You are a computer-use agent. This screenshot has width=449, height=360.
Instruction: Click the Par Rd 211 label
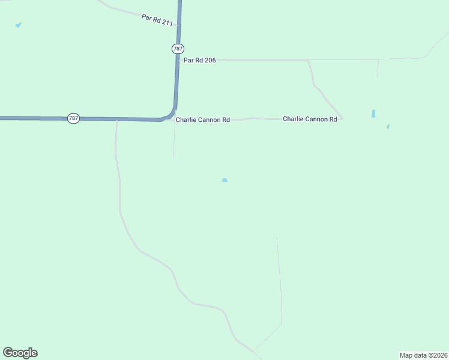(157, 20)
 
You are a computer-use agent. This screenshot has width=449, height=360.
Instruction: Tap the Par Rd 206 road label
(199, 60)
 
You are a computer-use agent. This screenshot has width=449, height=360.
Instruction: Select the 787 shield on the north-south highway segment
(178, 48)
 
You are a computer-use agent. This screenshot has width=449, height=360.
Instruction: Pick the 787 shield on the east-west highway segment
(73, 118)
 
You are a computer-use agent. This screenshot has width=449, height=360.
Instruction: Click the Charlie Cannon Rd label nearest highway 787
(202, 120)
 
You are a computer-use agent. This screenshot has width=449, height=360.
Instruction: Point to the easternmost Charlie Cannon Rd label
(310, 119)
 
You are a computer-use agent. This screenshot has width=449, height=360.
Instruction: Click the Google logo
(20, 353)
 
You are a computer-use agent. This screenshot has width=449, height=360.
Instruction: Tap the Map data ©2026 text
(423, 355)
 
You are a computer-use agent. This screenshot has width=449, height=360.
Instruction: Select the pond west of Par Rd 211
(18, 25)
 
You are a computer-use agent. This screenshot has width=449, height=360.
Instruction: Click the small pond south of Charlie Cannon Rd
(224, 180)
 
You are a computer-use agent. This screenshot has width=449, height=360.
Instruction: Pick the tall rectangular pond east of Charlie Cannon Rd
(373, 113)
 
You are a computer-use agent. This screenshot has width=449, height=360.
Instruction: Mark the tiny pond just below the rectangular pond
(388, 127)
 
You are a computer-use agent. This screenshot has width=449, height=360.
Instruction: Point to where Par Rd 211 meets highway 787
(178, 25)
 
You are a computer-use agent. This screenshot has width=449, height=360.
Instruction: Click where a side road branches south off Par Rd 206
(308, 60)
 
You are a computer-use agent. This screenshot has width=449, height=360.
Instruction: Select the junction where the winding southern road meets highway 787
(116, 119)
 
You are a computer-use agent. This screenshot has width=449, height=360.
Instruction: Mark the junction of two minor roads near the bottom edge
(253, 350)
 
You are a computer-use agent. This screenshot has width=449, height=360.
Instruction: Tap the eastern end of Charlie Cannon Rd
(342, 119)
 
